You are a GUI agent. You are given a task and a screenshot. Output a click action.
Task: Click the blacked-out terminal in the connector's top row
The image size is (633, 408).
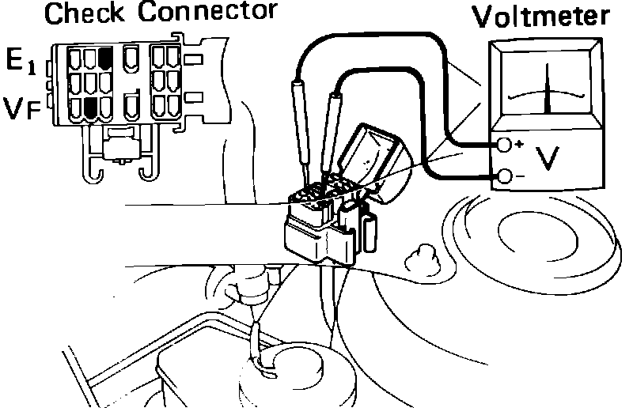click(x=105, y=57)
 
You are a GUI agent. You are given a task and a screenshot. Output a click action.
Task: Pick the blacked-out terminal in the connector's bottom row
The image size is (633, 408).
click(x=90, y=107)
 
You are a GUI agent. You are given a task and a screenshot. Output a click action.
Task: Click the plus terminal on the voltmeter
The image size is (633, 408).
click(x=504, y=145)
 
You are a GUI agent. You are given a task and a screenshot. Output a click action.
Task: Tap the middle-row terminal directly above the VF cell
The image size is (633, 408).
click(x=90, y=81)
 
